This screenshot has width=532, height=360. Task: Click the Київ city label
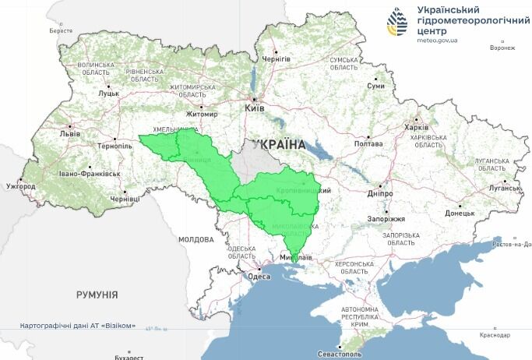pos(255,108)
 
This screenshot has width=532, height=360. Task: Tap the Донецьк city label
pos(460,212)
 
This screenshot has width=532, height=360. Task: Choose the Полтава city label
pos(368,144)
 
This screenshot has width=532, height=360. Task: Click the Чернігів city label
pos(276,59)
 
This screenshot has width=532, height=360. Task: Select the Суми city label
pos(376,86)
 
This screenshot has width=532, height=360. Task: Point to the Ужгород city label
pos(20,187)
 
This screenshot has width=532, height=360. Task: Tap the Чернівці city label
pos(125,199)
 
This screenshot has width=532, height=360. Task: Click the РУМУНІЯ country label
pos(97,295)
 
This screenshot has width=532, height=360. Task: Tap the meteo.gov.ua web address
pos(438,40)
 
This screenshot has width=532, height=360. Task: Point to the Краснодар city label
pos(495,336)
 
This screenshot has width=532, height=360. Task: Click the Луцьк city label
pos(108,94)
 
